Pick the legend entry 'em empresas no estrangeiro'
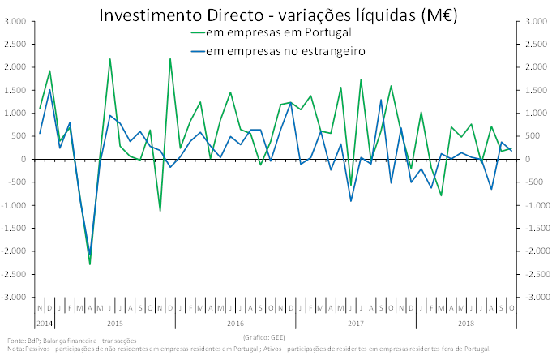[285, 51]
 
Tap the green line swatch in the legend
[195, 32]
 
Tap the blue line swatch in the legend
[195, 51]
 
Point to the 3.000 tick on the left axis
[14, 21]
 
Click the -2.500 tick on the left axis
[14, 275]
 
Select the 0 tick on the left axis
[24, 160]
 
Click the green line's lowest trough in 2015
[90, 264]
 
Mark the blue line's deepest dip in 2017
[351, 200]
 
